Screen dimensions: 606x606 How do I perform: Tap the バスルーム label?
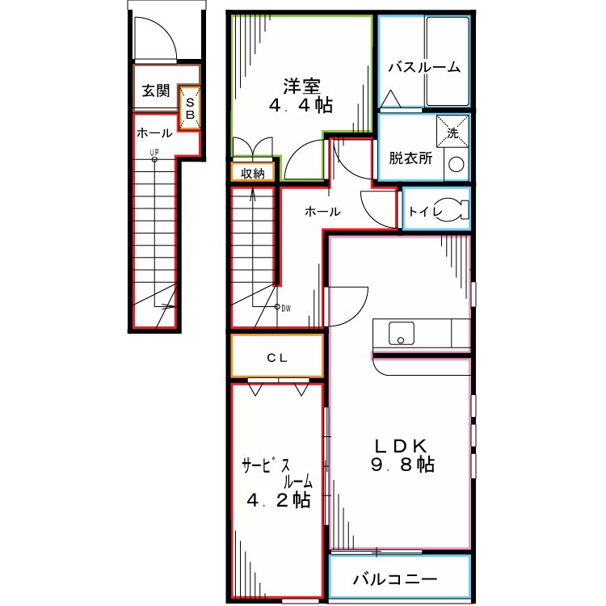[x=423, y=67]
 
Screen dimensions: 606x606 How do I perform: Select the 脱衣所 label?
[x=410, y=158]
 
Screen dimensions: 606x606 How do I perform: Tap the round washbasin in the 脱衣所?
[x=456, y=165]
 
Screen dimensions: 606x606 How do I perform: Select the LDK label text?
[x=402, y=445]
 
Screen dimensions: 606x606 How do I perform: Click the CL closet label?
[x=278, y=357]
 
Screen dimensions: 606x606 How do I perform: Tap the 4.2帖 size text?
[x=278, y=500]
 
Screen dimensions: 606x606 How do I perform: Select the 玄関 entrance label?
[x=155, y=90]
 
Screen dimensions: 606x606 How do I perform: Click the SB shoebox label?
[x=190, y=108]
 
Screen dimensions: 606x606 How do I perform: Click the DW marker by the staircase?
[x=285, y=308]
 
